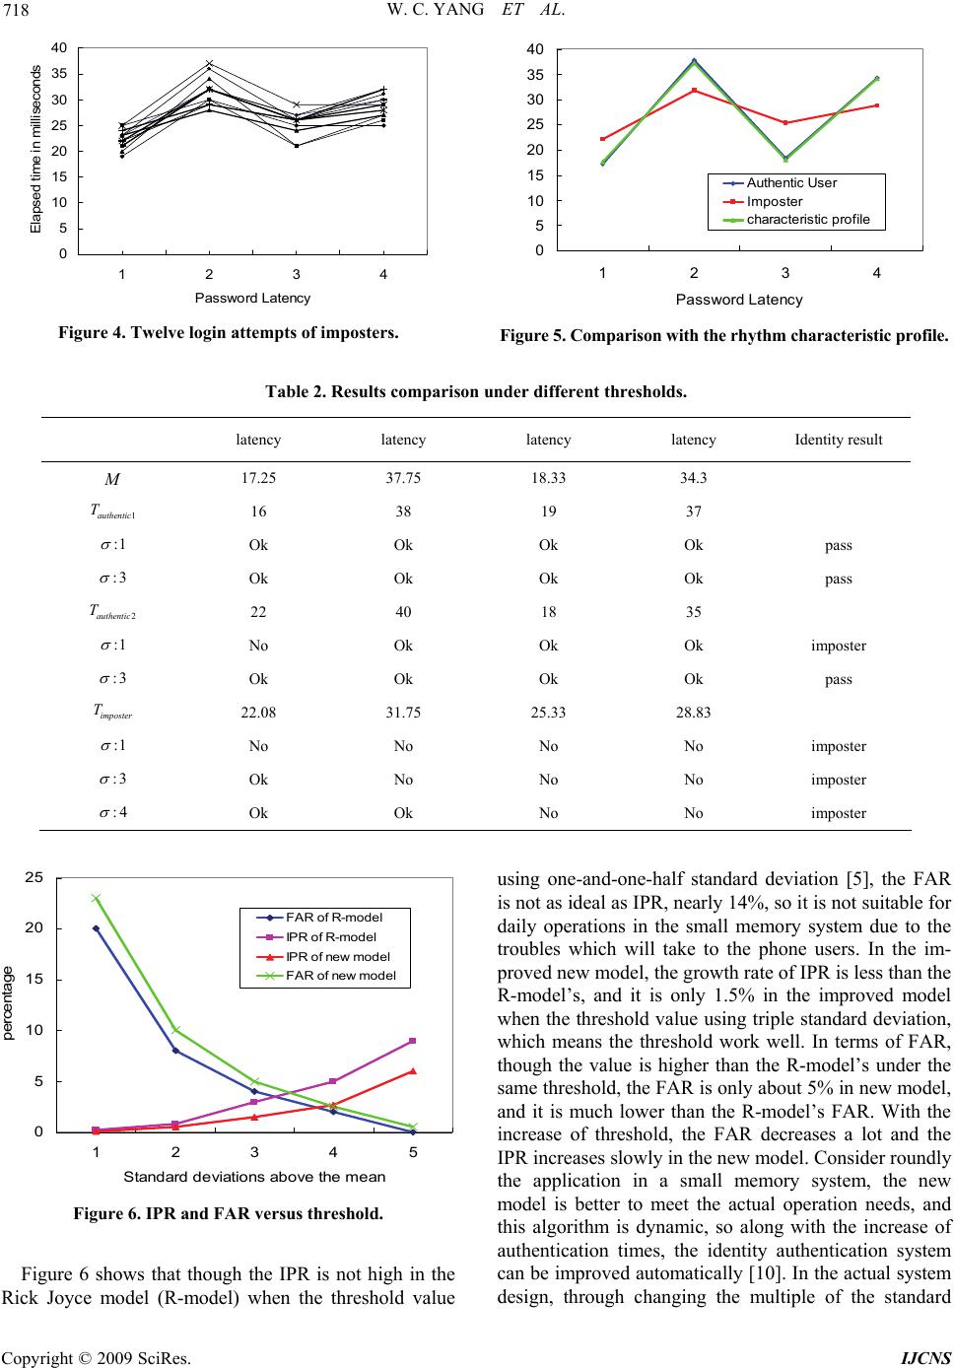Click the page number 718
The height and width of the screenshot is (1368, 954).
(x=17, y=11)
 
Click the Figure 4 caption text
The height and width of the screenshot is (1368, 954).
(x=228, y=332)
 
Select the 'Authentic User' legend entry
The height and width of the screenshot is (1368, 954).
(x=791, y=183)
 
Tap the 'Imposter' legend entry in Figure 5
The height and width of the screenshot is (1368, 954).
(x=775, y=201)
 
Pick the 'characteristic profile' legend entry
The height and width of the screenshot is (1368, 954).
(x=808, y=219)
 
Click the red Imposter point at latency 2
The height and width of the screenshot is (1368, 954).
(x=694, y=90)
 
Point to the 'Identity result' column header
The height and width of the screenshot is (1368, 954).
(x=838, y=441)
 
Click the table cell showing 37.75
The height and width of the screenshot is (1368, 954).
(x=403, y=478)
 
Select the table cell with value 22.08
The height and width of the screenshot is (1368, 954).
(x=258, y=713)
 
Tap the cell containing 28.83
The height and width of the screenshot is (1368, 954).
(x=694, y=713)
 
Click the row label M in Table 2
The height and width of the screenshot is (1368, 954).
(x=110, y=479)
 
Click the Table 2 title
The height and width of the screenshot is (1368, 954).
(x=476, y=391)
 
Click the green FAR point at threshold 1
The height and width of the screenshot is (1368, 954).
(x=96, y=898)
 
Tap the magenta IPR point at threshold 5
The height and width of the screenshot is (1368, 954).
(x=413, y=1041)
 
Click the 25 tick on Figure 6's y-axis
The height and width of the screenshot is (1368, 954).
(x=35, y=877)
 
